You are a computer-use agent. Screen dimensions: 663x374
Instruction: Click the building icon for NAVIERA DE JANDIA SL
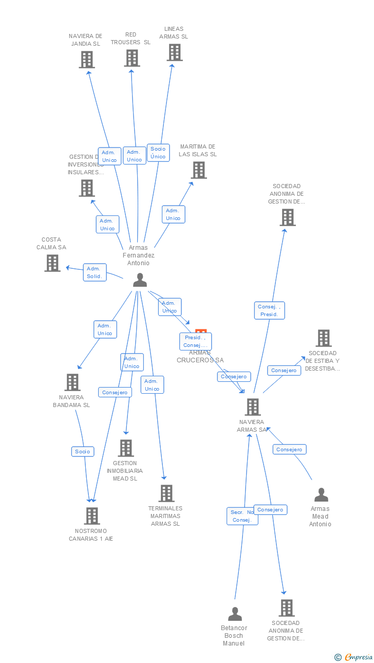pyautogui.click(x=87, y=60)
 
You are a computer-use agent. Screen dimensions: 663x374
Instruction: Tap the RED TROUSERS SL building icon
pyautogui.click(x=132, y=58)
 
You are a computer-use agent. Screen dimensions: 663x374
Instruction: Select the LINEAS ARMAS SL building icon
pyautogui.click(x=175, y=52)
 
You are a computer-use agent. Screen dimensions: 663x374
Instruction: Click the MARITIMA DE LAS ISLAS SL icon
pyautogui.click(x=199, y=170)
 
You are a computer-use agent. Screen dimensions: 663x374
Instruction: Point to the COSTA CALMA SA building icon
pyautogui.click(x=52, y=263)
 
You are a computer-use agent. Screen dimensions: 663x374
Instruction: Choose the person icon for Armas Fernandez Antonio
pyautogui.click(x=140, y=280)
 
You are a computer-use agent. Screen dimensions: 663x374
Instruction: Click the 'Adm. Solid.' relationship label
pyautogui.click(x=95, y=272)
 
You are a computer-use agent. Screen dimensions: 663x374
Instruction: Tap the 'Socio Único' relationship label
pyautogui.click(x=158, y=153)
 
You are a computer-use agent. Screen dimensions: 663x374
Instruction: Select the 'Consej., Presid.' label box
pyautogui.click(x=269, y=310)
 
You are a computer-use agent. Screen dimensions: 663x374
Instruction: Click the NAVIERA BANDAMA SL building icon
pyautogui.click(x=72, y=382)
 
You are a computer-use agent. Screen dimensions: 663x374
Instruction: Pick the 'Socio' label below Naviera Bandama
pyautogui.click(x=82, y=451)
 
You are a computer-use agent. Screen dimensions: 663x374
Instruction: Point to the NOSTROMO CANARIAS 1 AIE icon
pyautogui.click(x=92, y=515)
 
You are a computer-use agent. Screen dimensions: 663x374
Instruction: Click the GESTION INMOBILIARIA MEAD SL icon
pyautogui.click(x=126, y=448)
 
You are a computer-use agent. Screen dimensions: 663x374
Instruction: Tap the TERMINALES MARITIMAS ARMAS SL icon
pyautogui.click(x=166, y=493)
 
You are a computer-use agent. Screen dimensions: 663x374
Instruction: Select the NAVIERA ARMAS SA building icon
pyautogui.click(x=253, y=407)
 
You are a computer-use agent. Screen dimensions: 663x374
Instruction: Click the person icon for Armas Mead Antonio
pyautogui.click(x=321, y=495)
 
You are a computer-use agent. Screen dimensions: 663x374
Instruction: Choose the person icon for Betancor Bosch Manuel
pyautogui.click(x=235, y=614)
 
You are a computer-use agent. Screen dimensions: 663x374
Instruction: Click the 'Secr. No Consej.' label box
pyautogui.click(x=242, y=516)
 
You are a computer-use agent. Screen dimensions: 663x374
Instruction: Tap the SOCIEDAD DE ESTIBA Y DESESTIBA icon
pyautogui.click(x=324, y=338)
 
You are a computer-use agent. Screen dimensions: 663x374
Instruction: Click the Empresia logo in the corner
pyautogui.click(x=354, y=657)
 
